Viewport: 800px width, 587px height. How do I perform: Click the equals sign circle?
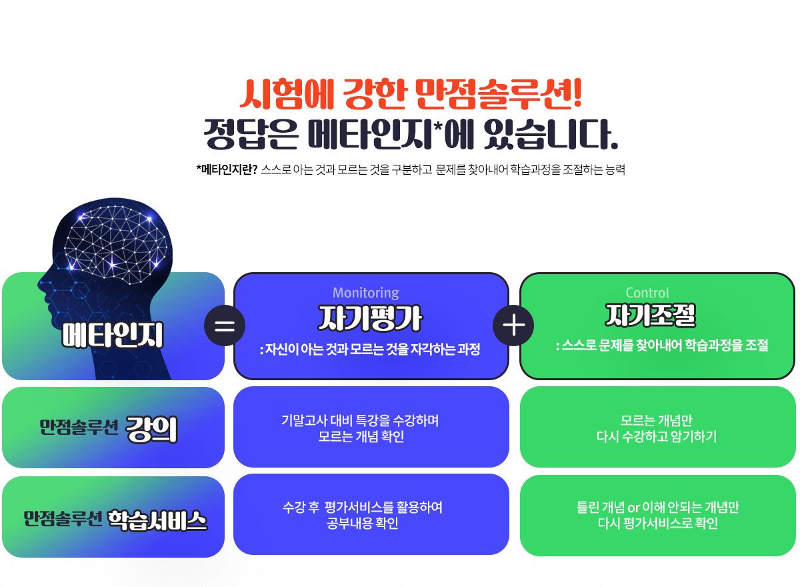tap(225, 326)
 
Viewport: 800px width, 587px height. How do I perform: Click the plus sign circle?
tap(513, 326)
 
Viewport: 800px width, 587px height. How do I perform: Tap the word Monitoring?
tap(366, 293)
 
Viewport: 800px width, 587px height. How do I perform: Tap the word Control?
tap(647, 293)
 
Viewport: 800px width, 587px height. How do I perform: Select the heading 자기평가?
tap(370, 318)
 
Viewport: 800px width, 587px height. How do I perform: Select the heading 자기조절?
tap(651, 315)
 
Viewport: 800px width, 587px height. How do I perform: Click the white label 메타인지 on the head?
tap(113, 335)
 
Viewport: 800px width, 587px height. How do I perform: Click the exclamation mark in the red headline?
tap(577, 93)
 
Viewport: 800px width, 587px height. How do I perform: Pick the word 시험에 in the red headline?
tap(287, 93)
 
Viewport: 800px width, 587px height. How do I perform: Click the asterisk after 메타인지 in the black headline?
tap(438, 127)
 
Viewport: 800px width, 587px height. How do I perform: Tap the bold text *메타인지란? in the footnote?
tap(227, 169)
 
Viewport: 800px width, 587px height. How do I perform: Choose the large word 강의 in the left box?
tap(151, 430)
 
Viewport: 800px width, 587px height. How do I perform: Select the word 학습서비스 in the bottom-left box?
tap(157, 520)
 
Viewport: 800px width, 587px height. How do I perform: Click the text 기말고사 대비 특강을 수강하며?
tap(360, 420)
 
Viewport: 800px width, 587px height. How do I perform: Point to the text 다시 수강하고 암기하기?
tap(657, 437)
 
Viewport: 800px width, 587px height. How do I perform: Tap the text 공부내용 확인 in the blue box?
tap(363, 524)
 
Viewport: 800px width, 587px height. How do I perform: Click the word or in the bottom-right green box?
tap(633, 508)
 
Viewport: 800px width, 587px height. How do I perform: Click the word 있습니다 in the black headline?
tap(551, 134)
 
